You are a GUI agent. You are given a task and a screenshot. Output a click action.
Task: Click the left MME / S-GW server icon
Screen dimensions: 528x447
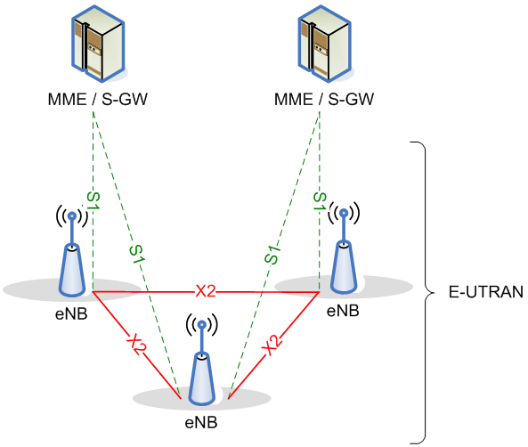click(x=98, y=44)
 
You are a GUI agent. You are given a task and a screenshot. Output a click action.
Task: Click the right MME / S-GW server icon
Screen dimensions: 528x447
click(x=325, y=44)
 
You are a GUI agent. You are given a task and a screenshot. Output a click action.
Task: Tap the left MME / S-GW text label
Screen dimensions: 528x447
click(x=98, y=100)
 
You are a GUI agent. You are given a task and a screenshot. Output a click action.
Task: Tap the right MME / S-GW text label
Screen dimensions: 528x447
click(x=324, y=100)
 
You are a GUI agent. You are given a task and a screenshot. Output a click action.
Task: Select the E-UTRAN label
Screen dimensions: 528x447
click(x=486, y=292)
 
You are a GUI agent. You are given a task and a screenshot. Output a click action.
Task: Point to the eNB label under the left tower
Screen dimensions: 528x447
click(x=71, y=314)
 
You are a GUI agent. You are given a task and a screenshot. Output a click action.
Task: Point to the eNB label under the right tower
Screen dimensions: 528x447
click(x=343, y=311)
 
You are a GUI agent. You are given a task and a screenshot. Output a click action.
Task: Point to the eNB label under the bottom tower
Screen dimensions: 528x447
click(x=201, y=422)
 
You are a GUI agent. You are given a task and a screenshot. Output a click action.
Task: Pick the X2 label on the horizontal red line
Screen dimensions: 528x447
click(x=206, y=291)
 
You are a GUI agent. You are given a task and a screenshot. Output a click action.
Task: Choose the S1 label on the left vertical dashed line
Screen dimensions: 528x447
click(x=93, y=201)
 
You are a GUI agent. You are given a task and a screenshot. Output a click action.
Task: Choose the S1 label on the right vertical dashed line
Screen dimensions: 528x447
click(x=320, y=201)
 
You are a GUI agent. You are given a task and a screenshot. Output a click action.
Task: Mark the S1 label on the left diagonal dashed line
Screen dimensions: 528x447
click(x=137, y=255)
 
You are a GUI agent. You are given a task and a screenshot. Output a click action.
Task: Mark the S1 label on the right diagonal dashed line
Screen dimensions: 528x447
click(x=272, y=255)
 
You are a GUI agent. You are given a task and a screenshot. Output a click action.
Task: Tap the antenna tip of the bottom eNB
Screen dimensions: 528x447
click(x=202, y=325)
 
